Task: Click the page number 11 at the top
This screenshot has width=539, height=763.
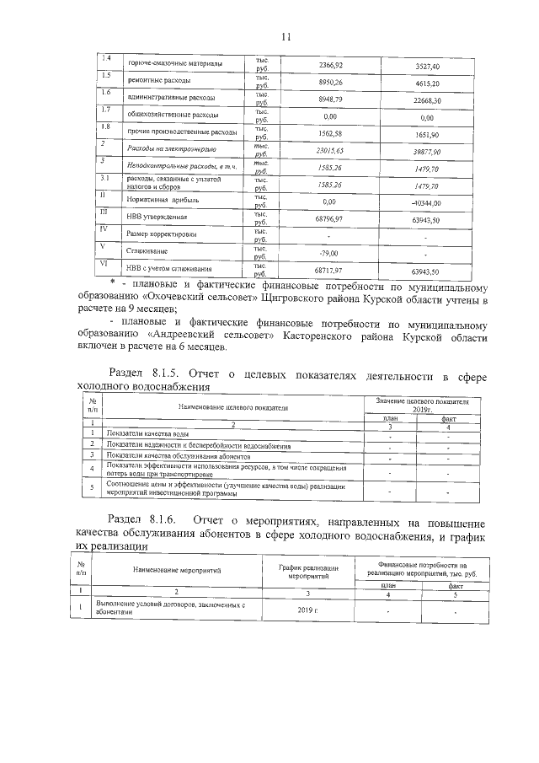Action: [x=285, y=37]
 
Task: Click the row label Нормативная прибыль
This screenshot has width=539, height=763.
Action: [x=162, y=203]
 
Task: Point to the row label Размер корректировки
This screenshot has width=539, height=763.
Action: [x=162, y=234]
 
